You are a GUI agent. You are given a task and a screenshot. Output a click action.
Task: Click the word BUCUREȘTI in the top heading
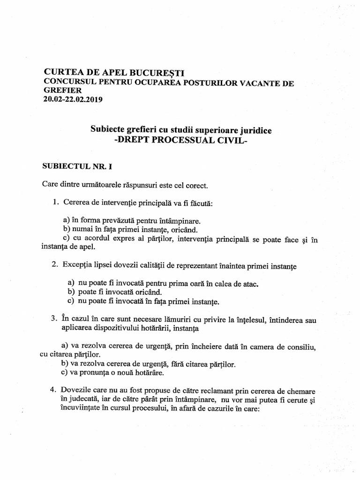155,73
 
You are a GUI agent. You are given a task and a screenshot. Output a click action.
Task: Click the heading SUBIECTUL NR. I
75,165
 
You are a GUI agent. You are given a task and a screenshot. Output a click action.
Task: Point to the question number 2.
54,265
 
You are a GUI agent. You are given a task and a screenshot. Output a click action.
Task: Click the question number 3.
54,319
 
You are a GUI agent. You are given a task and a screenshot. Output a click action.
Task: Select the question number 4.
54,390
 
